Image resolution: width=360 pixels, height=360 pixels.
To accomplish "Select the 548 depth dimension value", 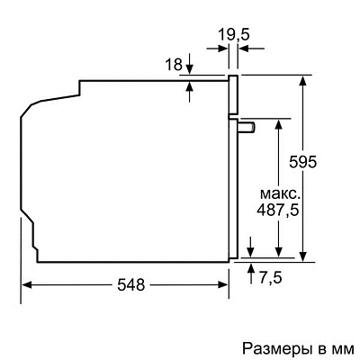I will click(x=130, y=284).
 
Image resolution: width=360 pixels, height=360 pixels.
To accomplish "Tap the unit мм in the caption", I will click(x=345, y=347).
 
